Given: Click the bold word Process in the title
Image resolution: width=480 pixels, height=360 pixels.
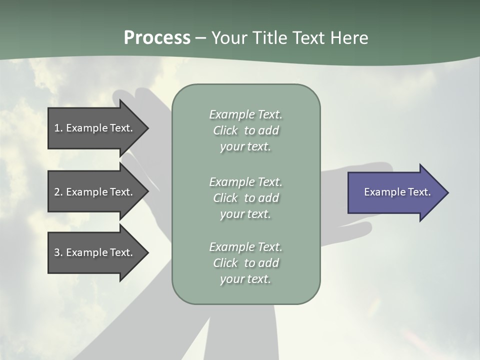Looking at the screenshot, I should point(157,38).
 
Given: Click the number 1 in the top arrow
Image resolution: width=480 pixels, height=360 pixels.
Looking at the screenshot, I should point(57,128).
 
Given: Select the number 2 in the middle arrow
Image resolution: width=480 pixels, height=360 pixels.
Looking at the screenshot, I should point(57,192).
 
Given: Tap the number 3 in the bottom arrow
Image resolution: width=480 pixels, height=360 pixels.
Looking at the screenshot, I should point(57,252).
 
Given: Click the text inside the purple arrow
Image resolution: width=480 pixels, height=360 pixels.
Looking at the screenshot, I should point(397,192).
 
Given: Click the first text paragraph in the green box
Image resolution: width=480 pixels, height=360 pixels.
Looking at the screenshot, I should point(245,130).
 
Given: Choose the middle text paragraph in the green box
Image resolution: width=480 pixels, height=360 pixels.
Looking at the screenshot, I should point(245,197).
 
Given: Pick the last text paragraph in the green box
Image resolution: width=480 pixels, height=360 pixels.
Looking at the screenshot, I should point(245,263).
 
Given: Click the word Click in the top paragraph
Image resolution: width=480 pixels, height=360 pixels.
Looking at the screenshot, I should point(225,130).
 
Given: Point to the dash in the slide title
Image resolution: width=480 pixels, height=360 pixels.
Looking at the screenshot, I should point(200,38).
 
